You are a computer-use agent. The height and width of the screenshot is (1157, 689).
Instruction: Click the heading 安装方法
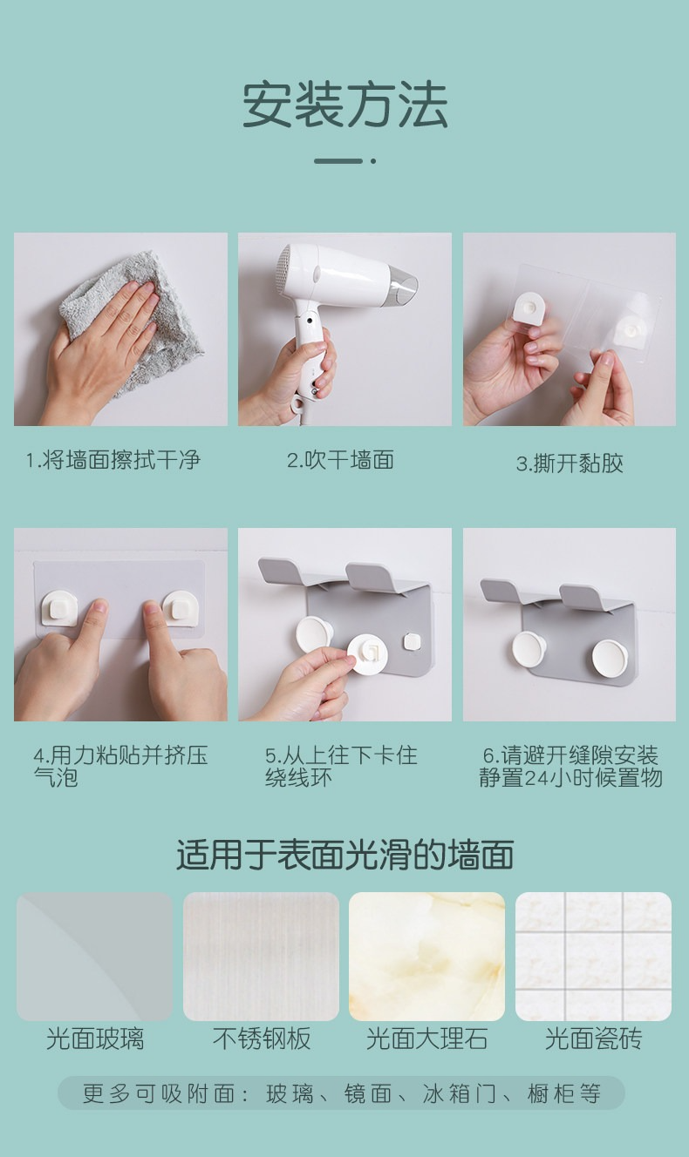coord(344,105)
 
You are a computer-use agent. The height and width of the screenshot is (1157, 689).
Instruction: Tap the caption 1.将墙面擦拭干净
coord(113,460)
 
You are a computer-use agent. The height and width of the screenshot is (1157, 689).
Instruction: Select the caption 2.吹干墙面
coord(341,460)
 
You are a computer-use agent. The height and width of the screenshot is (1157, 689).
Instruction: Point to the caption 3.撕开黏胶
coord(570,463)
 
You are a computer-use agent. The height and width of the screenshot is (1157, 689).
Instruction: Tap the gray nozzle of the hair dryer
coord(404,285)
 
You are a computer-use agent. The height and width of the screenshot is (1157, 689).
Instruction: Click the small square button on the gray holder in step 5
coord(412,643)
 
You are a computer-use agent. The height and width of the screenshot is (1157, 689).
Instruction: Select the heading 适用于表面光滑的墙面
coord(344,855)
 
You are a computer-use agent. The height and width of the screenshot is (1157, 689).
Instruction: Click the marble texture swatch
coord(427,956)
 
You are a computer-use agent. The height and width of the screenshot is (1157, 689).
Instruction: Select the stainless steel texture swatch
coord(261,956)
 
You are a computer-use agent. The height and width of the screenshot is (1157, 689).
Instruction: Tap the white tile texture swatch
coord(593,956)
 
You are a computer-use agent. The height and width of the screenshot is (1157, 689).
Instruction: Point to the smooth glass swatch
coord(94,956)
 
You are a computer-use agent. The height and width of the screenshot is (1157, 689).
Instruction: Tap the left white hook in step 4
coord(59,607)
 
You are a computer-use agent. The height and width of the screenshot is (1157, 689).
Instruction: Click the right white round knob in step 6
coord(610,661)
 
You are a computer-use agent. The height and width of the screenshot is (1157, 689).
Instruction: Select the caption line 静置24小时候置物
coord(570,778)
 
